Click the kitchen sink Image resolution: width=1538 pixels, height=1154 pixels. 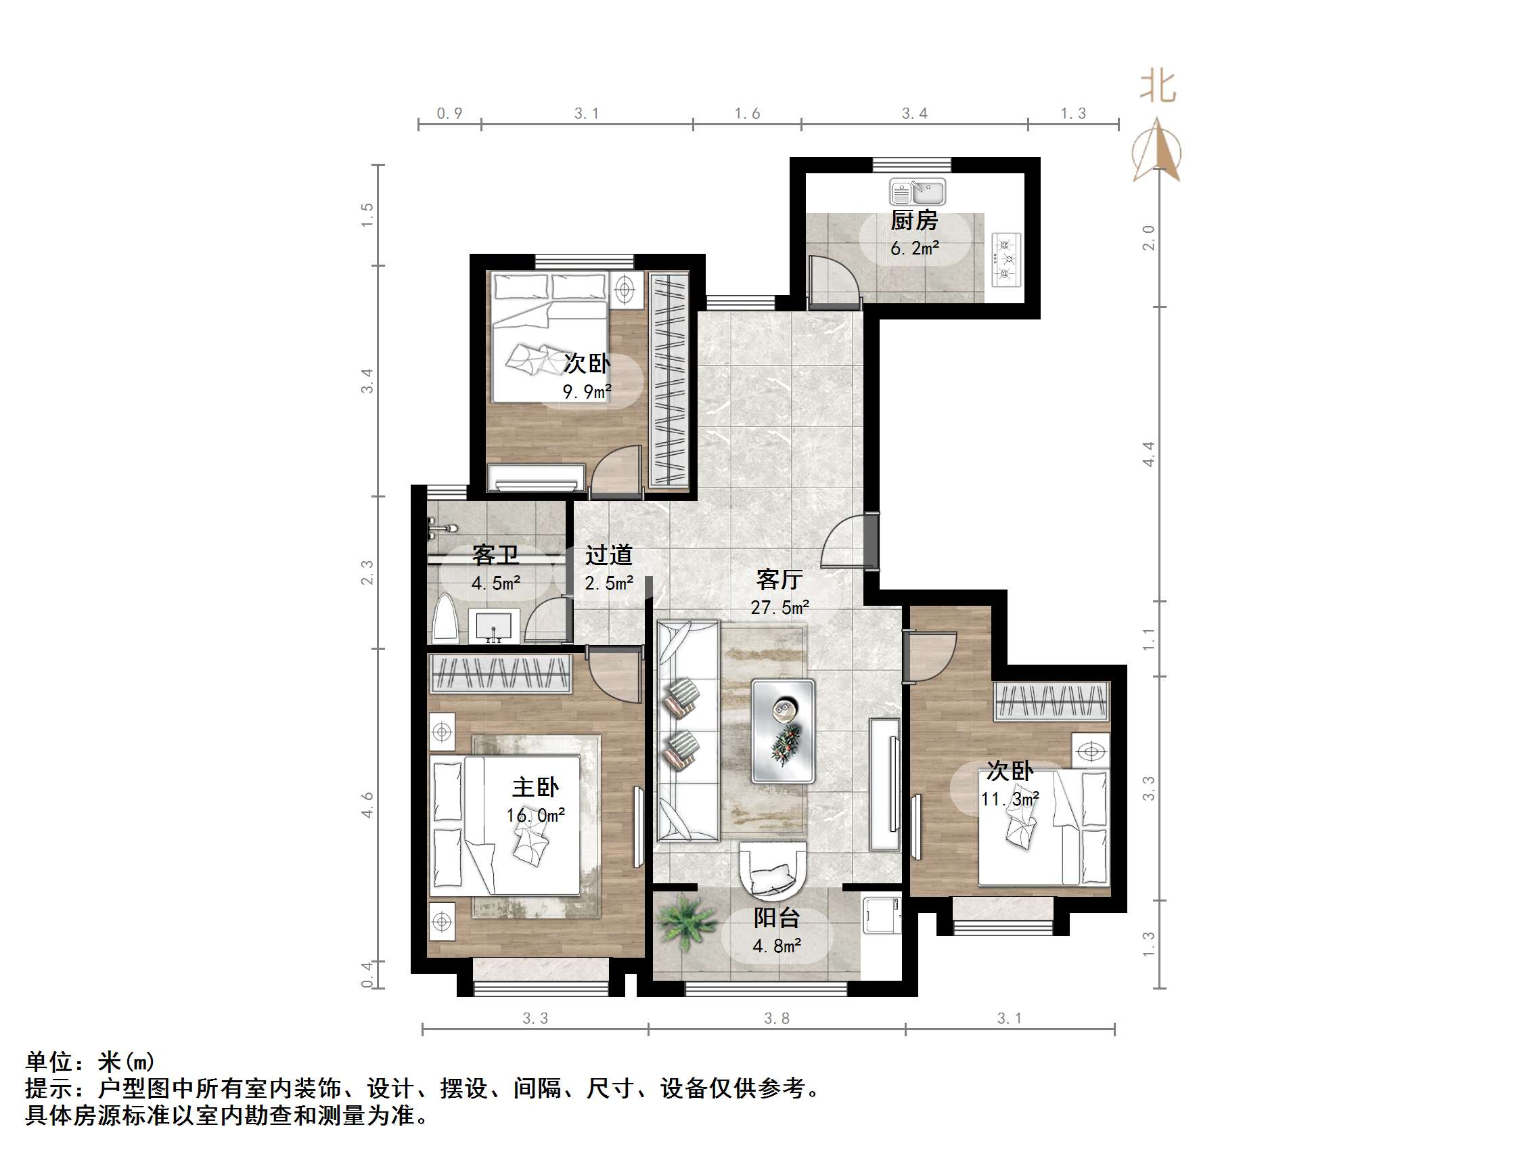tap(917, 192)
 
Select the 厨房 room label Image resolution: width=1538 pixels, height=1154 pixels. tap(914, 221)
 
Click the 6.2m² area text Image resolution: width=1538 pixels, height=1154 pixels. tap(914, 248)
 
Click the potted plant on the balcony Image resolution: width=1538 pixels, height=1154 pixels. tap(685, 923)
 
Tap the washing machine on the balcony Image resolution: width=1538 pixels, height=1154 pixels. tap(882, 916)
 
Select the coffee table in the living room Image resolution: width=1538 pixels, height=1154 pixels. tap(783, 731)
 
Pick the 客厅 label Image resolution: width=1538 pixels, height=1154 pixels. tap(779, 579)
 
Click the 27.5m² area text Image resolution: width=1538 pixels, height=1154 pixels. tap(779, 608)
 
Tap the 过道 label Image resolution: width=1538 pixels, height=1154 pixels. tap(608, 555)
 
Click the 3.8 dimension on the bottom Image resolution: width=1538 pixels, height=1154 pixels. tap(777, 1019)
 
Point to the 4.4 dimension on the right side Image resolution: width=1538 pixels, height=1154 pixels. tap(1149, 453)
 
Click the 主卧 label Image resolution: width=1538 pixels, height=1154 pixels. tap(535, 786)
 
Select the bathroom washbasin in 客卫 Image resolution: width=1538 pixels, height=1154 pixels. tap(494, 625)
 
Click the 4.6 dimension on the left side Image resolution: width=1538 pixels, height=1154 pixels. tap(367, 805)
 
